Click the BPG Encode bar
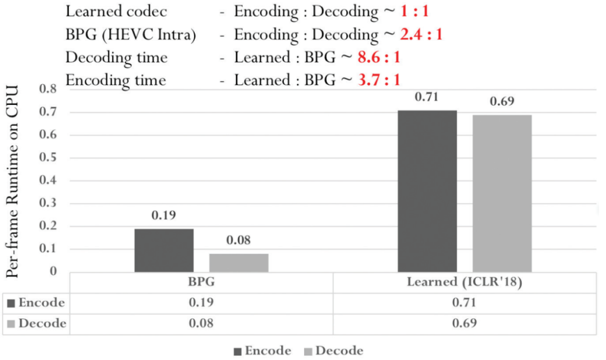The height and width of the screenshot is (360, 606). [164, 250]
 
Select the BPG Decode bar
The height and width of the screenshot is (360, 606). [238, 262]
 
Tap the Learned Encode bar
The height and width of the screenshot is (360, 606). [427, 191]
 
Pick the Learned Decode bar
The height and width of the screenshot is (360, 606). [502, 193]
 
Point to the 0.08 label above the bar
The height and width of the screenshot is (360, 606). [238, 241]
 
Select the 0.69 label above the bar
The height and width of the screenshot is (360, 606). [502, 102]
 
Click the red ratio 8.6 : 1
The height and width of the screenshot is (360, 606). [379, 57]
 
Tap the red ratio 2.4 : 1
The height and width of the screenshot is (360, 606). [421, 35]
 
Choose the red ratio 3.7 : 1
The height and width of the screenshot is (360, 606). [379, 80]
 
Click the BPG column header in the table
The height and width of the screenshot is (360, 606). [201, 282]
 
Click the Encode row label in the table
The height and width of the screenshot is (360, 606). [41, 303]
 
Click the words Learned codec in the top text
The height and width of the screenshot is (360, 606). [116, 12]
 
